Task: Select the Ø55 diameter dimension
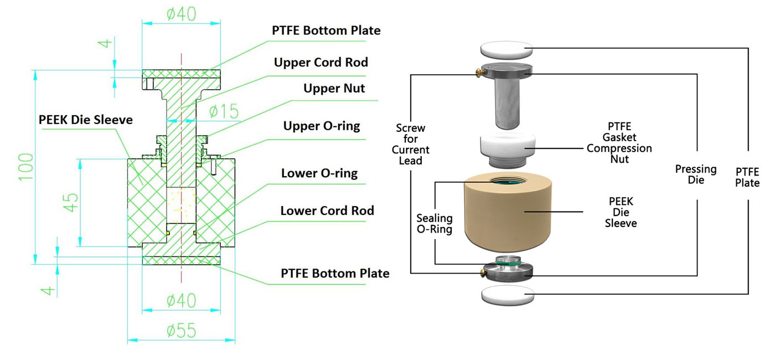pyautogui.click(x=181, y=332)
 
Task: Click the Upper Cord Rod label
pyautogui.click(x=321, y=63)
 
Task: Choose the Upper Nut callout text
pyautogui.click(x=334, y=88)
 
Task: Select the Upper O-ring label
pyautogui.click(x=322, y=126)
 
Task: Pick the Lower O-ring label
pyautogui.click(x=319, y=173)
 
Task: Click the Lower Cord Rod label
pyautogui.click(x=327, y=210)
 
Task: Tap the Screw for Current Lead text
pyautogui.click(x=410, y=144)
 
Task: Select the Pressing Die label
pyautogui.click(x=696, y=174)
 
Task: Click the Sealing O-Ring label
pyautogui.click(x=435, y=224)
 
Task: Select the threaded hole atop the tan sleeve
pyautogui.click(x=507, y=181)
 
